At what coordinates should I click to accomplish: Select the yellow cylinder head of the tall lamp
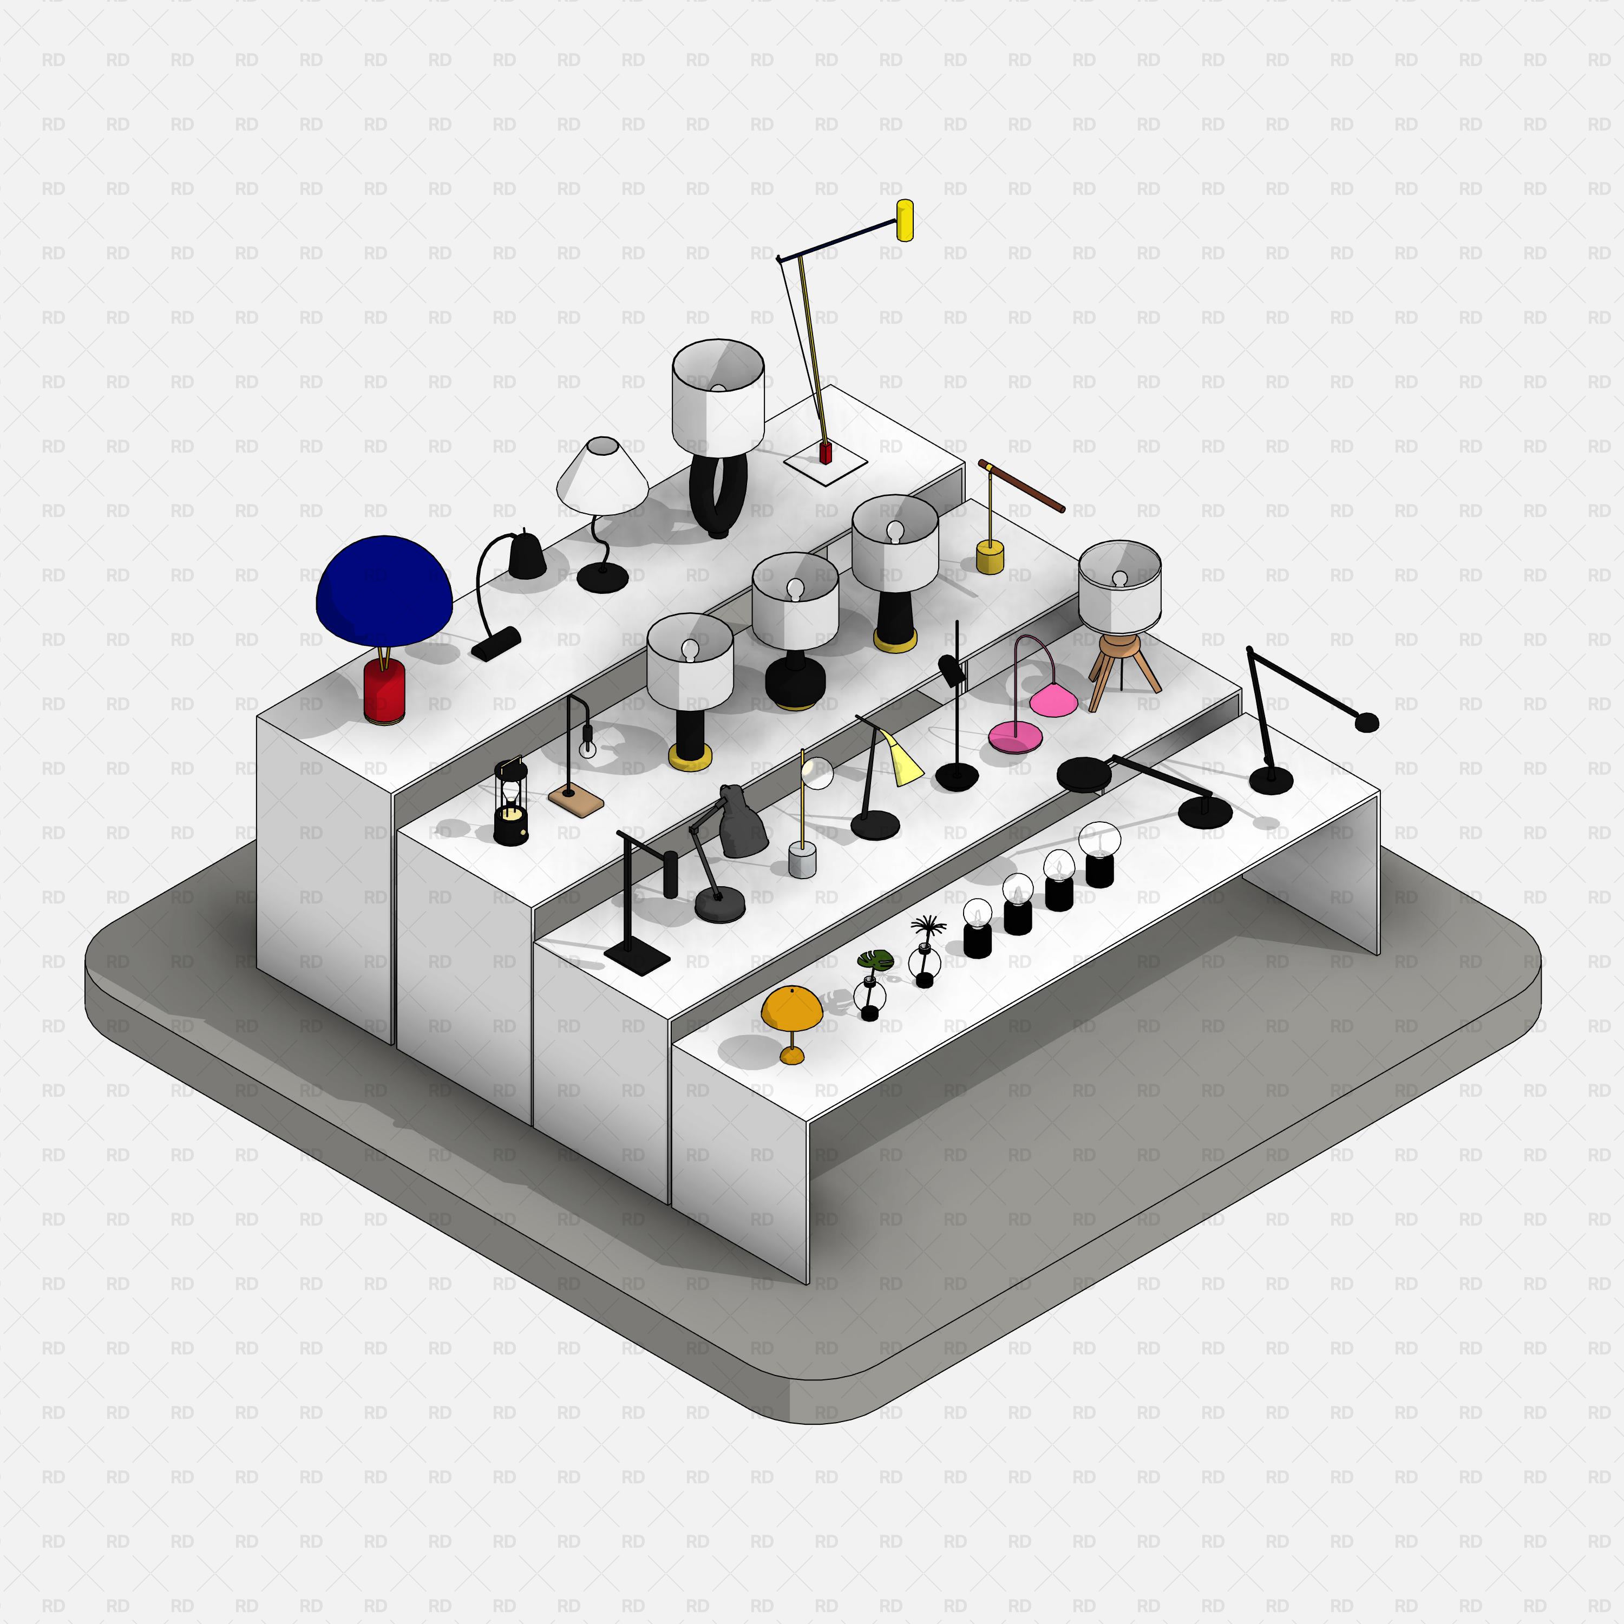pyautogui.click(x=905, y=220)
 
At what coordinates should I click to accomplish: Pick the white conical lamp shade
pyautogui.click(x=602, y=476)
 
